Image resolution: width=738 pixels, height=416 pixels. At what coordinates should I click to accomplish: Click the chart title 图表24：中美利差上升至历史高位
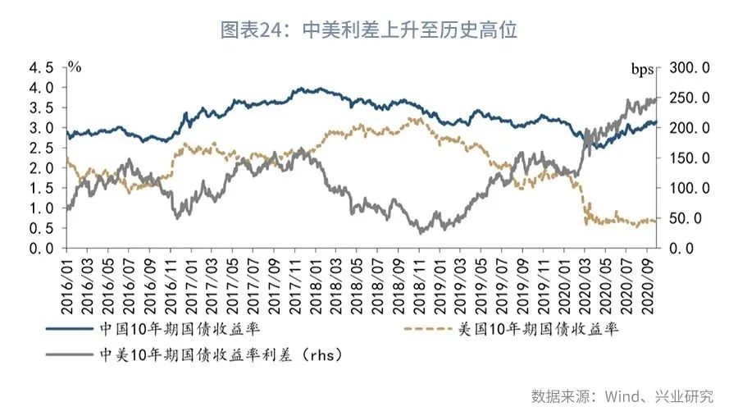(x=368, y=30)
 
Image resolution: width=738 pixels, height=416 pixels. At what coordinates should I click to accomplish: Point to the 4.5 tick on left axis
(x=43, y=67)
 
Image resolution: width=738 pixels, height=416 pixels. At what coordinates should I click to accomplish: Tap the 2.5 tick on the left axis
(x=43, y=148)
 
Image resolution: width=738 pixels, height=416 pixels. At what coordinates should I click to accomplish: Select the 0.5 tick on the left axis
(x=43, y=228)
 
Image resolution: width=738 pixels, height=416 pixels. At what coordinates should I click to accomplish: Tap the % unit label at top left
(x=75, y=66)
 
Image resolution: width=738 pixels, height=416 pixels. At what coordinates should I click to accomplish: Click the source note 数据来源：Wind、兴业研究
(x=622, y=396)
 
